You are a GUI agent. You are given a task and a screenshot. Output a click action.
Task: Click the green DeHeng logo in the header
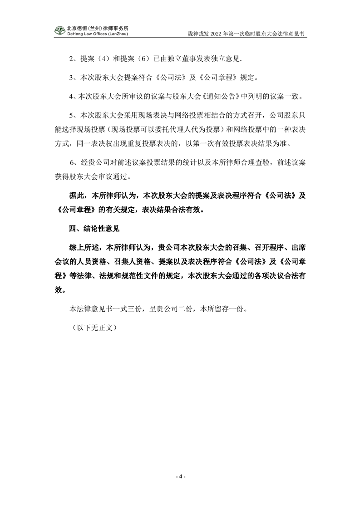point(60,30)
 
